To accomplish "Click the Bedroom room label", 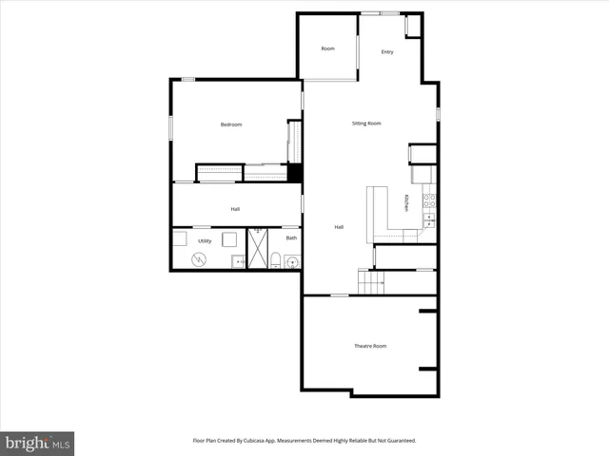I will pyautogui.click(x=231, y=124).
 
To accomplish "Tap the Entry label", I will pyautogui.click(x=387, y=51).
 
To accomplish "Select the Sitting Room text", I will pyautogui.click(x=366, y=123).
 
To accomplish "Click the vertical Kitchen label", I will pyautogui.click(x=406, y=202).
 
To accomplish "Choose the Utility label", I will pyautogui.click(x=205, y=241).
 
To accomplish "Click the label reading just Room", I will pyautogui.click(x=327, y=48).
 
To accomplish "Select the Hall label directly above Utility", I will pyautogui.click(x=235, y=209).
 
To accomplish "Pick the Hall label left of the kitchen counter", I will pyautogui.click(x=339, y=227).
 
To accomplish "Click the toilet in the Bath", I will pyautogui.click(x=274, y=261).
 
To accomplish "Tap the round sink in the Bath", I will pyautogui.click(x=292, y=262).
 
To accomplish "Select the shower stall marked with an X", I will pyautogui.click(x=257, y=249).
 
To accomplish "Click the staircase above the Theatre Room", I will pyautogui.click(x=370, y=281).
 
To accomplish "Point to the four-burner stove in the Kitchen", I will pyautogui.click(x=429, y=200).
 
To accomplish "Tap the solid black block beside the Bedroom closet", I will pyautogui.click(x=295, y=173).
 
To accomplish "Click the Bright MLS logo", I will pyautogui.click(x=37, y=443).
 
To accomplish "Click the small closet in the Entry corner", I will pyautogui.click(x=412, y=26).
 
